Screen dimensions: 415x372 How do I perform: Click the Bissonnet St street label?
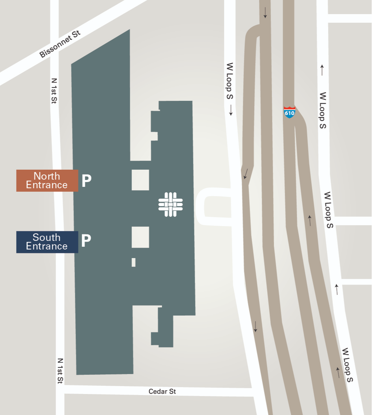(60, 44)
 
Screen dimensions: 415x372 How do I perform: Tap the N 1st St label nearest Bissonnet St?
(54, 91)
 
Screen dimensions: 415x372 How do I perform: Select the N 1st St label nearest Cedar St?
(60, 371)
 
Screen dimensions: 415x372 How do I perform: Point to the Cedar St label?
(162, 392)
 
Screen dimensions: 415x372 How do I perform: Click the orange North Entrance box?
(47, 181)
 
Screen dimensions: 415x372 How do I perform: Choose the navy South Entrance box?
(47, 242)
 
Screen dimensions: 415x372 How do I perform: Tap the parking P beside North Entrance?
(87, 180)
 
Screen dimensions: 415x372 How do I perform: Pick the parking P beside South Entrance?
(86, 241)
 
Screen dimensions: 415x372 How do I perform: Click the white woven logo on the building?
(170, 204)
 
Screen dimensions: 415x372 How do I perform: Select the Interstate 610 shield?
(290, 112)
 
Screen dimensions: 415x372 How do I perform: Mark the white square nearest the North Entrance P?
(140, 180)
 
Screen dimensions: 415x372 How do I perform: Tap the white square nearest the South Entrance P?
(140, 237)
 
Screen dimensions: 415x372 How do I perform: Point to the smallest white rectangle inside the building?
(134, 262)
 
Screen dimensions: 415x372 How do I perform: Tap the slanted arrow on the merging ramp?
(246, 173)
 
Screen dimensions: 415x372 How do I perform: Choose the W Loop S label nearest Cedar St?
(348, 365)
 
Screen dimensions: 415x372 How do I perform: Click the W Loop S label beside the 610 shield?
(322, 110)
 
